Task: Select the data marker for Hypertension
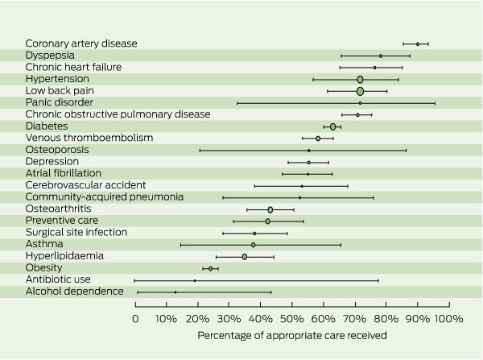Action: (x=360, y=79)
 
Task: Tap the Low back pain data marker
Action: (x=360, y=91)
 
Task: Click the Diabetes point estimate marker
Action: (x=332, y=126)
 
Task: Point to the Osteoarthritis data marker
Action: (x=270, y=209)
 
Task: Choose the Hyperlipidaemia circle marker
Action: (x=245, y=256)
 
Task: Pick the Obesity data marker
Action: (x=211, y=268)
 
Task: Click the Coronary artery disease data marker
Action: (x=417, y=43)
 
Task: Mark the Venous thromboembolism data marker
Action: (x=318, y=139)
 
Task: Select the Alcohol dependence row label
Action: (x=74, y=291)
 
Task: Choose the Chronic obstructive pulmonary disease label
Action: (x=118, y=114)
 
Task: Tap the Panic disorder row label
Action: (x=59, y=102)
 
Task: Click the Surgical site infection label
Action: (x=76, y=232)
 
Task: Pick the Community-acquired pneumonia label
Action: (x=105, y=197)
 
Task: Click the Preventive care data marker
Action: (x=268, y=221)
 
